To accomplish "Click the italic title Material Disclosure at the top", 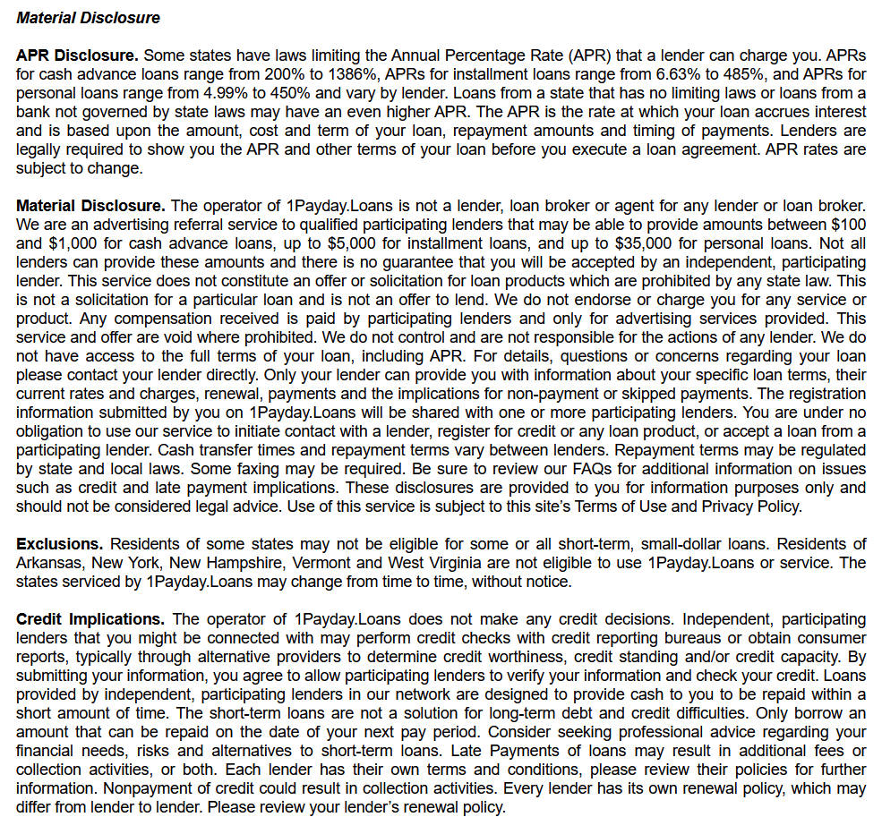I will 89,18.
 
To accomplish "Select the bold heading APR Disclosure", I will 77,55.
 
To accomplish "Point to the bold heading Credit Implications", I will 90,619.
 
